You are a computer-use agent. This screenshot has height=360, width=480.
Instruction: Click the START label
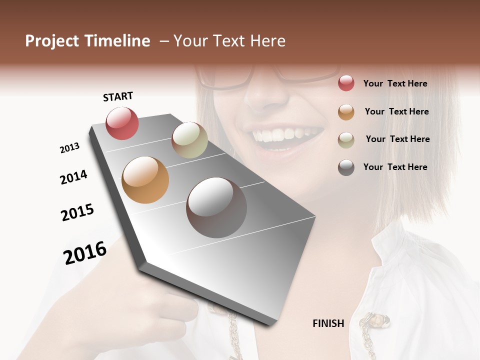pyautogui.click(x=118, y=96)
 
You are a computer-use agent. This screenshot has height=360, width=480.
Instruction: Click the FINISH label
pyautogui.click(x=328, y=323)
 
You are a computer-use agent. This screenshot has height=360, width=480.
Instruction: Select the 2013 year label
pyautogui.click(x=70, y=148)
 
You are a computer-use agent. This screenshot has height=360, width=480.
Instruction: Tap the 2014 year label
pyautogui.click(x=74, y=177)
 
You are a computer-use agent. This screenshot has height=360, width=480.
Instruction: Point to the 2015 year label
pyautogui.click(x=77, y=212)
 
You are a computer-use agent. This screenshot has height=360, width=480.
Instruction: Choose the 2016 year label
pyautogui.click(x=85, y=253)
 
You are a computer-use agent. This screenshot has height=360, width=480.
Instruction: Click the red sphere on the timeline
pyautogui.click(x=122, y=123)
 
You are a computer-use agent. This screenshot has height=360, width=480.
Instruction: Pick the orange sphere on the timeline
pyautogui.click(x=145, y=180)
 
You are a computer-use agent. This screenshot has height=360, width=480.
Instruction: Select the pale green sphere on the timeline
pyautogui.click(x=189, y=139)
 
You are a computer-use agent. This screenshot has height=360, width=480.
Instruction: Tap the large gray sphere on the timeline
pyautogui.click(x=216, y=207)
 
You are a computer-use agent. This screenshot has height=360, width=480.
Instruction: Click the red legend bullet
pyautogui.click(x=346, y=83)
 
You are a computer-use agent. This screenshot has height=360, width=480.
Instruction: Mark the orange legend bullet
pyautogui.click(x=346, y=111)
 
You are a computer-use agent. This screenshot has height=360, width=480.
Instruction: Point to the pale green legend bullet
pyautogui.click(x=346, y=139)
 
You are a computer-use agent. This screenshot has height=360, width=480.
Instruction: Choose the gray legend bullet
pyautogui.click(x=346, y=167)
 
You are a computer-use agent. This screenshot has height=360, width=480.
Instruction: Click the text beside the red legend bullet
pyautogui.click(x=395, y=83)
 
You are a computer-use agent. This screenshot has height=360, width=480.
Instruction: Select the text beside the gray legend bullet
pyautogui.click(x=395, y=167)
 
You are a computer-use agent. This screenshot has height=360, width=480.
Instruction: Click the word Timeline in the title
pyautogui.click(x=117, y=41)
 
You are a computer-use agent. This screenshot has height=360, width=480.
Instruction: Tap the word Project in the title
pyautogui.click(x=52, y=41)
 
